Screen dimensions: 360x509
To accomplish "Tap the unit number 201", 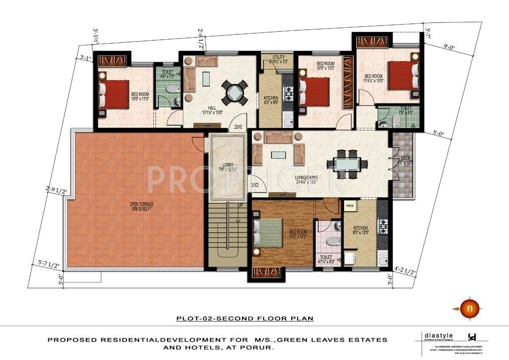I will click(238, 126).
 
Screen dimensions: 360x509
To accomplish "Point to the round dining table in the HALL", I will click(234, 93).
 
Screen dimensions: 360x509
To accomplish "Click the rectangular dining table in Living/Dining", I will click(347, 164).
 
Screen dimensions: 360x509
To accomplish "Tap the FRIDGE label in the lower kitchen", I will click(350, 204).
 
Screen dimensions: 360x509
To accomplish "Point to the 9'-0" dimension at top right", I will click(451, 47).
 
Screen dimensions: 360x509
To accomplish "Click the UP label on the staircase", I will click(241, 205).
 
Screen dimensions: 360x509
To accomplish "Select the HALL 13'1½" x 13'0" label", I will click(212, 109).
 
